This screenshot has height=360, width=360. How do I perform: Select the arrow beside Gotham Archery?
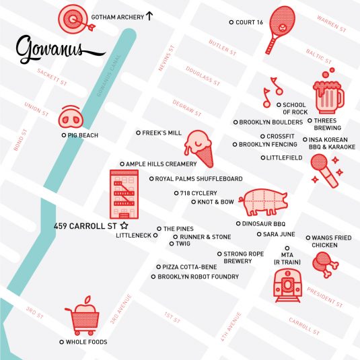pos(149,15)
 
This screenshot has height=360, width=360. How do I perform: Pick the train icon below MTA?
pos(288,285)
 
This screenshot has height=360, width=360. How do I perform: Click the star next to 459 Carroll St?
pos(124,226)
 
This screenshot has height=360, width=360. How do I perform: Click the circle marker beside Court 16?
pos(231,22)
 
